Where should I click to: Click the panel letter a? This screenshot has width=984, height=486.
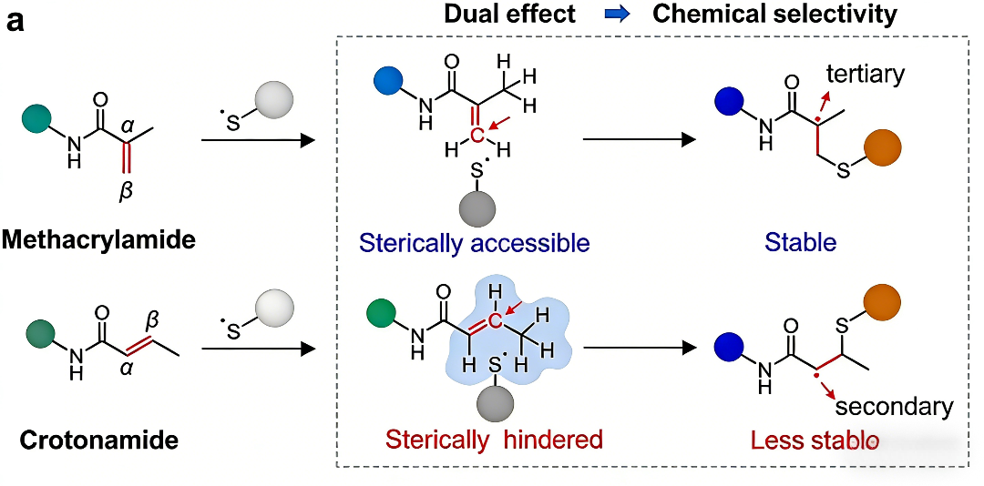coord(15,21)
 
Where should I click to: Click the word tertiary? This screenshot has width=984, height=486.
coord(862,74)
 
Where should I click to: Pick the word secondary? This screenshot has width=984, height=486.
coord(893,406)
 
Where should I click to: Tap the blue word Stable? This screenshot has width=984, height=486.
coord(800,243)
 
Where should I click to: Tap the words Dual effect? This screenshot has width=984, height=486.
coord(510,15)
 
